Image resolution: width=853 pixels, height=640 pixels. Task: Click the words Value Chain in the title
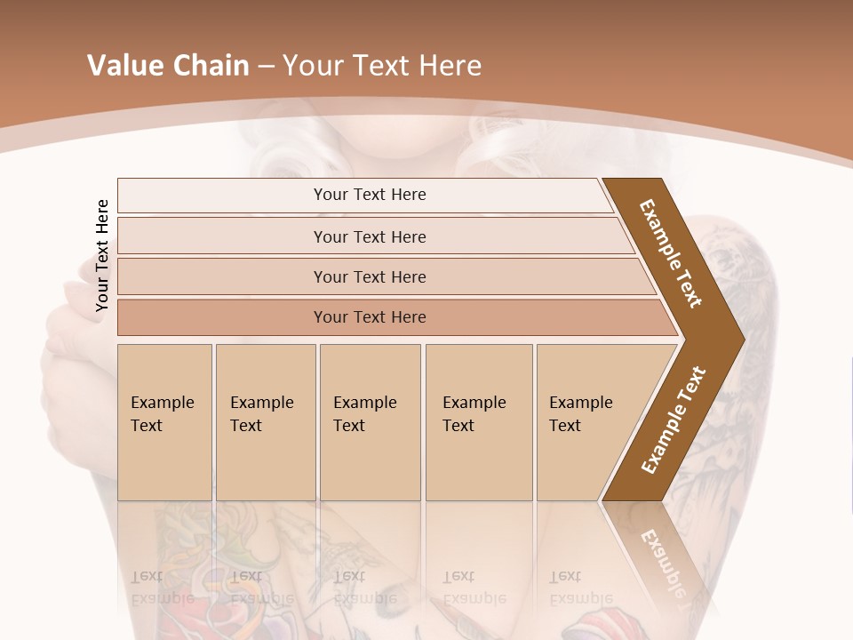coord(168,66)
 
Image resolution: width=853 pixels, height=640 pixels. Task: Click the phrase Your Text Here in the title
coord(382,66)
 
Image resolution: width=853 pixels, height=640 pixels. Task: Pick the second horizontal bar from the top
coord(369,236)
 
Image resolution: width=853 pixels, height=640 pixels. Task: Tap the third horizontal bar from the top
coord(369,276)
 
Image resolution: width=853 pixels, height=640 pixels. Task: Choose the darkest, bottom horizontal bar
coord(369,317)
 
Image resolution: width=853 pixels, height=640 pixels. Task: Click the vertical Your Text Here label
coord(102,255)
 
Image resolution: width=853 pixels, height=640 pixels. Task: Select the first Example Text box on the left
coord(164,421)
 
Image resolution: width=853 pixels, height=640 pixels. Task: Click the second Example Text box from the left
coord(265,421)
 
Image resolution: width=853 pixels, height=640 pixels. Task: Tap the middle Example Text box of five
coord(370,421)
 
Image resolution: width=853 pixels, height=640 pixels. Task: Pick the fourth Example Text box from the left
coord(478,421)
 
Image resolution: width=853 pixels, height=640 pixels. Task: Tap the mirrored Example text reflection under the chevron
coord(659,560)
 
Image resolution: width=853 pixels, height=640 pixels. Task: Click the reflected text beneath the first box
coord(163,588)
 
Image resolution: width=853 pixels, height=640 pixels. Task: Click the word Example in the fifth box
coord(581,403)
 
